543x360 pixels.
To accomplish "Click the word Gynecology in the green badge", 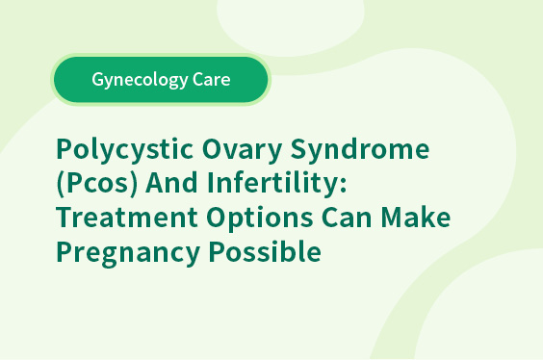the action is (140, 80).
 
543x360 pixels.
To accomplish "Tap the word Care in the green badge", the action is (212, 79).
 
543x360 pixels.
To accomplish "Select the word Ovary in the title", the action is (242, 149).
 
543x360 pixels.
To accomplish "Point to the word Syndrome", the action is (360, 149).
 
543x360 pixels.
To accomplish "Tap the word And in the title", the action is (171, 182).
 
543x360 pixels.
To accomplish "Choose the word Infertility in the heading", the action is (271, 183).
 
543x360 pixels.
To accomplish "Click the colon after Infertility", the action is (343, 186).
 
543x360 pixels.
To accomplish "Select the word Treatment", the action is (127, 218).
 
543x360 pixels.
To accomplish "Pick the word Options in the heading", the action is (260, 219).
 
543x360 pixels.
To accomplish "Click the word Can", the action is (347, 218).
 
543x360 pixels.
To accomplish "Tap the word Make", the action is (416, 217).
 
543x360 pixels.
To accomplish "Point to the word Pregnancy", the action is (128, 253).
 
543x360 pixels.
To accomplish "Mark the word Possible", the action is (265, 250).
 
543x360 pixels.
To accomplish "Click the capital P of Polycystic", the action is (65, 148).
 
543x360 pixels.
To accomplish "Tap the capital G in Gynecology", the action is (97, 79).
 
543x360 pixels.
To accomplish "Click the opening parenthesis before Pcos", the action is (61, 184).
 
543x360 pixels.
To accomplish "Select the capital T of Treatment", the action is (64, 218).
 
